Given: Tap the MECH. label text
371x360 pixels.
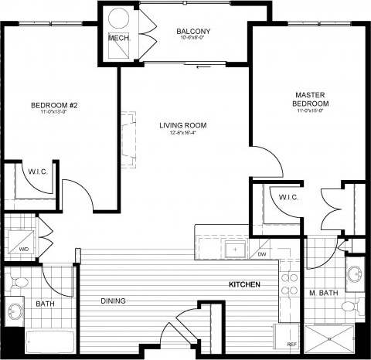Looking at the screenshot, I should click(118, 38).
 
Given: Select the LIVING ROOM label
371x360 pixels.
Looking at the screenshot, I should click(183, 125).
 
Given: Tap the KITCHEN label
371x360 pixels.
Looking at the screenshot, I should click(243, 286).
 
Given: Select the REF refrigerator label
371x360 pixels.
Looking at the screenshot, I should click(291, 345).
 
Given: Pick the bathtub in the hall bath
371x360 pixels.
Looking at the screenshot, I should click(50, 341).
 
